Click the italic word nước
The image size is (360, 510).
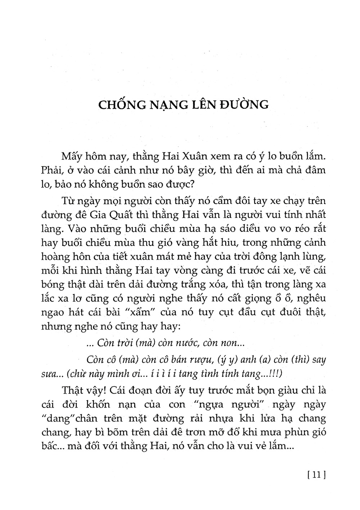[177, 343]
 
